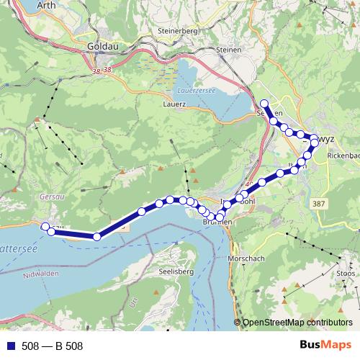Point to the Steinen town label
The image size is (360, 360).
coord(230,49)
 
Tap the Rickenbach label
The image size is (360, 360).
coord(343,155)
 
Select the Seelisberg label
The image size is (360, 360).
coord(172,272)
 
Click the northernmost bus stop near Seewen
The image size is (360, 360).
coord(264,104)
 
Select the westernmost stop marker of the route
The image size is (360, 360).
coord(45,227)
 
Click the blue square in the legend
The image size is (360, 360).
coord(10,346)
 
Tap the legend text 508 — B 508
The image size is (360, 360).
coord(53,346)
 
